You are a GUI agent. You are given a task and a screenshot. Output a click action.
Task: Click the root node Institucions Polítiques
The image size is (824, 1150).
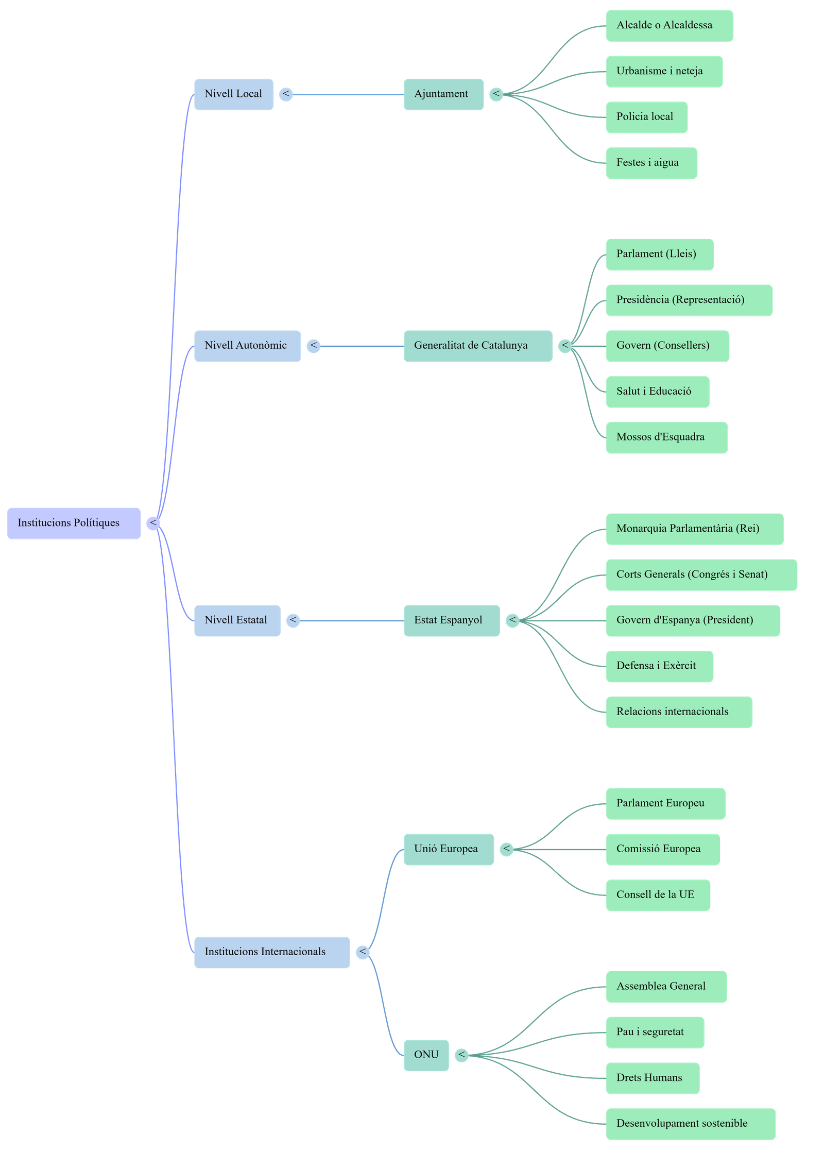coord(74,523)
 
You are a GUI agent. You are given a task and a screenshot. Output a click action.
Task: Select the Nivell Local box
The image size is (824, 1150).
coord(234,94)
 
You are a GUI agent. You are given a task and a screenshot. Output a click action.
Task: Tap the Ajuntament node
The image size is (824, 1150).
coord(443,94)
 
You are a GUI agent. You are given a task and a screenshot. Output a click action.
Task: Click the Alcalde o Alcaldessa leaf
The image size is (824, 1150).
coord(669,25)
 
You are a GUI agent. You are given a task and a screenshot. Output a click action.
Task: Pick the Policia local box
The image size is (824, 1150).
coord(646,117)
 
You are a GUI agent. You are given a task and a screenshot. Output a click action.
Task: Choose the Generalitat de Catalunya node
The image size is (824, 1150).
coord(477,346)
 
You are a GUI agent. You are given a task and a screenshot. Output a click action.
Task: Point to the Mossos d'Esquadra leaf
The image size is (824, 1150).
coord(666,437)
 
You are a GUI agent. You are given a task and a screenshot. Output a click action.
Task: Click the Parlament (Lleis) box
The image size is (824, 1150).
coord(659,254)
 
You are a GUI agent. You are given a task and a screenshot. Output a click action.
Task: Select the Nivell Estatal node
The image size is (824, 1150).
coord(237,620)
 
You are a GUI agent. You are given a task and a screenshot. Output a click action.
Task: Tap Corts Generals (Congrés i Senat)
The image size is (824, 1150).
coord(701,574)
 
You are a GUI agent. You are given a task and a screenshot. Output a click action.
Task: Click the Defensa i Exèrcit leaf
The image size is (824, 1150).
coord(659,666)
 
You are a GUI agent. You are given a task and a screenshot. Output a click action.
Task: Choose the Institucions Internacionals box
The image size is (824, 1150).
coord(272,952)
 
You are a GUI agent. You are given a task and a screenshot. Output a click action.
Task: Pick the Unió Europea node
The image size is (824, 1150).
coord(448,849)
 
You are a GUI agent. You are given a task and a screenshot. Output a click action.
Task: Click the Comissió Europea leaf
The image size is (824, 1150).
coord(662,849)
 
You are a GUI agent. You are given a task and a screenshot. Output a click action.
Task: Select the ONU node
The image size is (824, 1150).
coord(426,1055)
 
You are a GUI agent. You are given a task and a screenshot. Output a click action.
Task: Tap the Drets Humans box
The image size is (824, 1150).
coord(652,1078)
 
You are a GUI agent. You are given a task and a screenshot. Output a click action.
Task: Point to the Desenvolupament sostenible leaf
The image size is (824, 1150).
coord(690,1124)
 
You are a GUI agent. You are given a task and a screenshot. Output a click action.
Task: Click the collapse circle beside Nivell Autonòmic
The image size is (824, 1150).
coord(313,346)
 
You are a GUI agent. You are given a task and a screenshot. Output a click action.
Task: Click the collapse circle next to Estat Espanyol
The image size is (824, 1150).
coord(512,620)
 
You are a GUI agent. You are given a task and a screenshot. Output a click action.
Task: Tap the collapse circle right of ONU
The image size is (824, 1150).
coord(461,1055)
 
